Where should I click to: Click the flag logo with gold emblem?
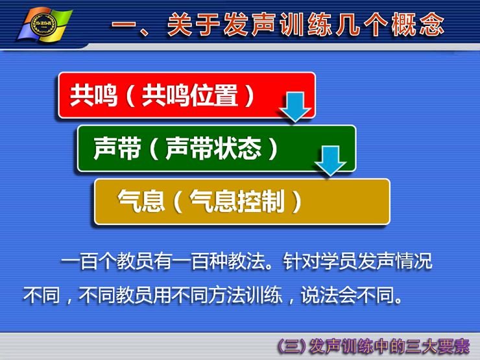[x=45, y=25]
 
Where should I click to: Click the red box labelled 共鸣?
[x=187, y=95]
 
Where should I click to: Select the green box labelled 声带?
[x=217, y=149]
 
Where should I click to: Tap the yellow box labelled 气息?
[x=242, y=202]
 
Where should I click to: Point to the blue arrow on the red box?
[x=295, y=107]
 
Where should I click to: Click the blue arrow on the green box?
[x=331, y=161]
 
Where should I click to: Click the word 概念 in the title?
[x=418, y=24]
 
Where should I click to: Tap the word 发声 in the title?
[x=250, y=24]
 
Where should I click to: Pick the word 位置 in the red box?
[x=214, y=95]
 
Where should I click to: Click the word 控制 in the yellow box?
[x=261, y=202]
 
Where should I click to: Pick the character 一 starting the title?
[x=124, y=25]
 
